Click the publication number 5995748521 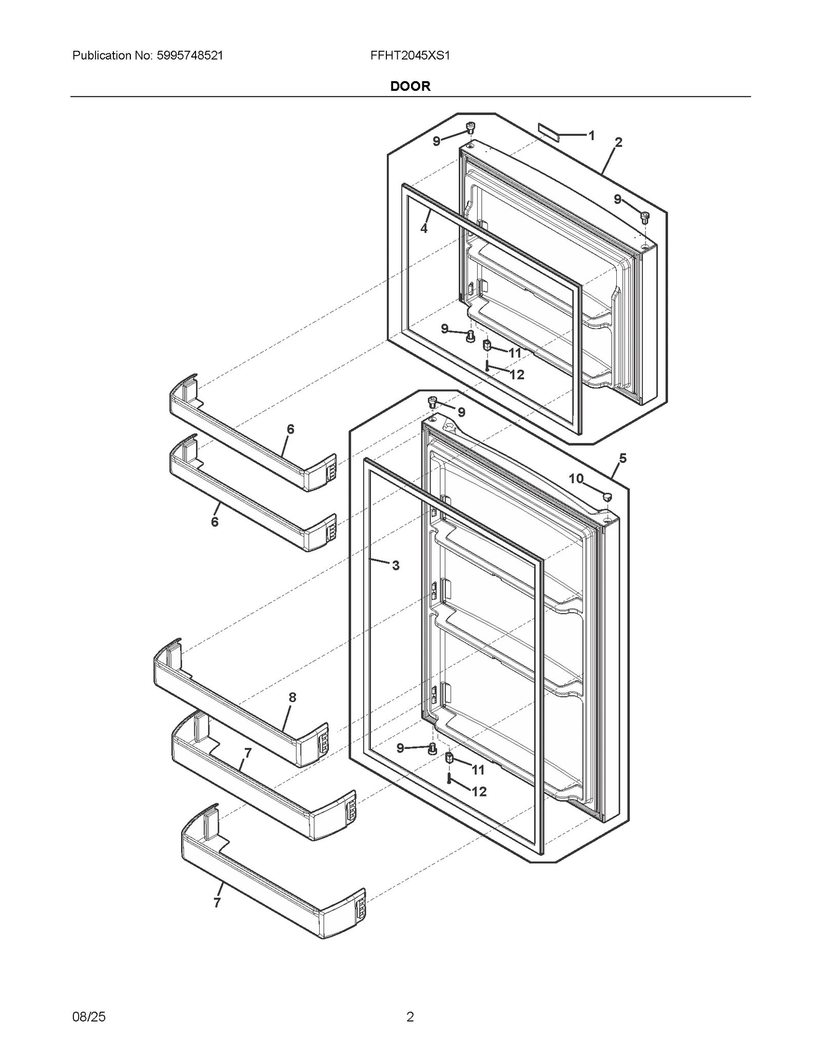pos(188,55)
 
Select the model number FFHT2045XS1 pos(410,55)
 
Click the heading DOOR pos(410,86)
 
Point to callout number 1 pos(591,136)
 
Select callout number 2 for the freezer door pos(618,142)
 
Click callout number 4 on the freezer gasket pos(424,228)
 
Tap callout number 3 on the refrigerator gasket pos(396,566)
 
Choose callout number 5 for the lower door pos(622,458)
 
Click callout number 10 pos(576,478)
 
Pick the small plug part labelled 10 pos(607,496)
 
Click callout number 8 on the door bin pos(292,697)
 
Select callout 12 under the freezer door pos(517,375)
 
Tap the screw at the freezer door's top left pos(470,127)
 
